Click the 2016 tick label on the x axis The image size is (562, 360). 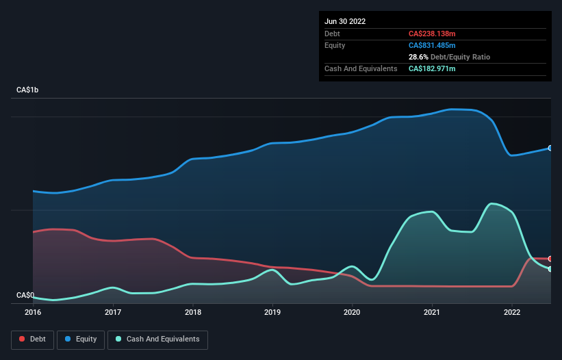point(33,312)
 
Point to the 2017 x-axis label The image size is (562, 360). point(113,312)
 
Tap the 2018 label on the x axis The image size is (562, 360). point(193,312)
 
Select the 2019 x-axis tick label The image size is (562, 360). point(272,312)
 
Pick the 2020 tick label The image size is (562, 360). point(353,312)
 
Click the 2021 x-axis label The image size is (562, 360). point(433,312)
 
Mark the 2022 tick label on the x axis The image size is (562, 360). point(512,312)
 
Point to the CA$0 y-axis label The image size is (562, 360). point(25,295)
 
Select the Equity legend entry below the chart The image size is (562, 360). point(81,339)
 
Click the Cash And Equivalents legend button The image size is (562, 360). point(157,339)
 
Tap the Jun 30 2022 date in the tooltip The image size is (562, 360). point(345,21)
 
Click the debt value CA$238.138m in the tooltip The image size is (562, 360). point(432,34)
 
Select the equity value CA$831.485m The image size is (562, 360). point(432,45)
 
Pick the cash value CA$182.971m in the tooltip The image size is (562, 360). point(432,68)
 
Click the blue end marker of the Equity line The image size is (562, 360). point(550,148)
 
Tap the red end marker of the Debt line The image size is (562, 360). point(550,259)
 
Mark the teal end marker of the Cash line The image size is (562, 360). point(550,269)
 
